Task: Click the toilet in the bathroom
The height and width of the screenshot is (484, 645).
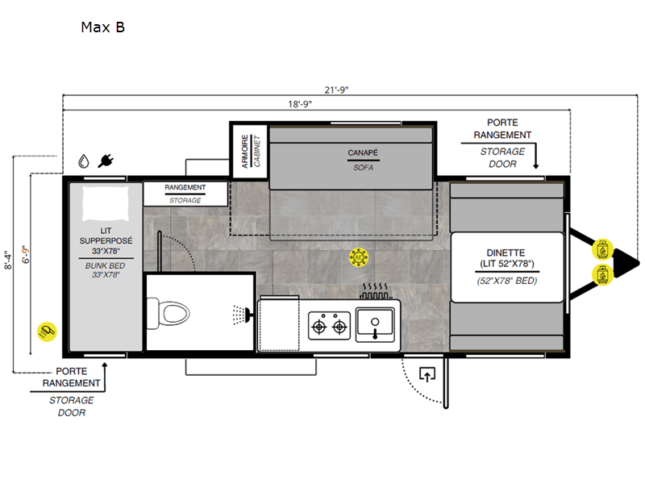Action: (169, 314)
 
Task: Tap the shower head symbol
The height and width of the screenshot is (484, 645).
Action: (243, 315)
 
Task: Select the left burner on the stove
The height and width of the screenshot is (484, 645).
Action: (319, 328)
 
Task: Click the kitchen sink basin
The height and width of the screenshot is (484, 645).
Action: (375, 322)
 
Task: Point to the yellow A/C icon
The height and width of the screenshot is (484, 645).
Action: (359, 257)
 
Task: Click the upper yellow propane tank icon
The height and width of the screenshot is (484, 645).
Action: (602, 250)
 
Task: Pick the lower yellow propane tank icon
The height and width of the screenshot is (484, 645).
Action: (602, 275)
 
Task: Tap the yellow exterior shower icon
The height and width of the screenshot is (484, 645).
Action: (47, 332)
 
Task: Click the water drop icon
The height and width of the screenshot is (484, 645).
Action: (84, 161)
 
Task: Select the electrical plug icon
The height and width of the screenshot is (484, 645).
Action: (106, 161)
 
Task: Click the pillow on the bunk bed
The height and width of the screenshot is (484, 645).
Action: (106, 204)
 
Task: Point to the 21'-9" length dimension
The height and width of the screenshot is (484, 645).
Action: (336, 90)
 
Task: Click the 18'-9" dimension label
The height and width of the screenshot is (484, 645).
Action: (300, 104)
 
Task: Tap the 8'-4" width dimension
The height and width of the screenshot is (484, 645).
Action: (8, 260)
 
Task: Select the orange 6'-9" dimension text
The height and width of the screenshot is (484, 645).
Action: (26, 255)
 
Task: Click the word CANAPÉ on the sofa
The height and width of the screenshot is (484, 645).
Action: (363, 152)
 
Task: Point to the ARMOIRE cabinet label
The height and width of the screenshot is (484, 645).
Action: (245, 152)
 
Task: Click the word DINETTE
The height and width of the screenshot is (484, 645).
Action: (506, 252)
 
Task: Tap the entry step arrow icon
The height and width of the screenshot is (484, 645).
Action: (427, 374)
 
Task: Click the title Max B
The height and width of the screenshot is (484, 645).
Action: (103, 27)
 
